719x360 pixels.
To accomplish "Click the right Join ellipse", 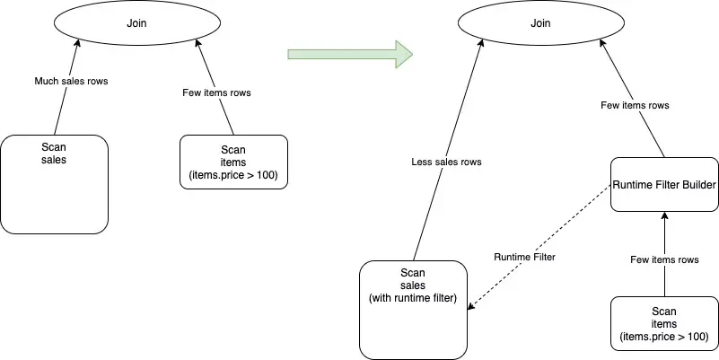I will [x=540, y=24].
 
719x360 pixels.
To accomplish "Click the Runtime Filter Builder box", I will [x=664, y=185].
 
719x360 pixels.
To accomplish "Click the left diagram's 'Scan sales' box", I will [x=55, y=184].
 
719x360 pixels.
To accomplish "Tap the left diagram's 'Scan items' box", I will [x=233, y=162].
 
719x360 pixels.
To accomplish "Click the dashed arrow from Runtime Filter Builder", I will [x=557, y=239].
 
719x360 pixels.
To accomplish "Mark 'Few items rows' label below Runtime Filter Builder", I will [x=664, y=259].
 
